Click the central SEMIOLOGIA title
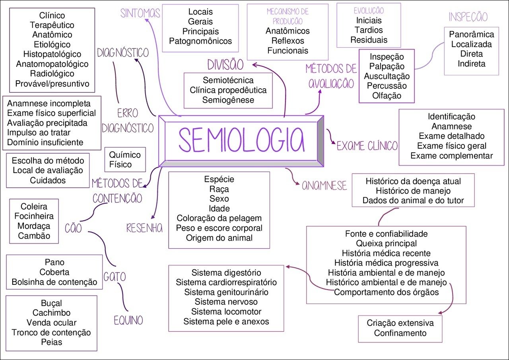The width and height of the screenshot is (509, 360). click(241, 140)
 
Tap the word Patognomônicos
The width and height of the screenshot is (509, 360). click(200, 41)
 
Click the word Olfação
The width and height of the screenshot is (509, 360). click(387, 95)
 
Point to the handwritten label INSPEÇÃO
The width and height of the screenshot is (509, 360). click(468, 17)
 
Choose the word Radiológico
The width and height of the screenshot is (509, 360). click(52, 74)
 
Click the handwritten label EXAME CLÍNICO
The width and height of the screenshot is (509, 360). click(367, 146)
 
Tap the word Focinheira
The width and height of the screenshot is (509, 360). click(34, 216)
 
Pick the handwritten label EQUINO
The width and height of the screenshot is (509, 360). click(128, 320)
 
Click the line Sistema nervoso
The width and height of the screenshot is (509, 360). click(226, 302)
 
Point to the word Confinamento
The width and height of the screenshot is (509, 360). click(400, 333)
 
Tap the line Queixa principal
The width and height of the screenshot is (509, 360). click(386, 243)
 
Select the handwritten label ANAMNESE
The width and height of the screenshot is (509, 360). click(324, 186)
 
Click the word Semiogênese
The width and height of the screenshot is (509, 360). click(228, 100)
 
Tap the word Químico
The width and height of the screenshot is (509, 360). click(125, 154)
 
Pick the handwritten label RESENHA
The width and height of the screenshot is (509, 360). click(144, 228)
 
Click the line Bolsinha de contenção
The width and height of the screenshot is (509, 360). click(54, 282)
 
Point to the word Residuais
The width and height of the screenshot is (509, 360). click(369, 40)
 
